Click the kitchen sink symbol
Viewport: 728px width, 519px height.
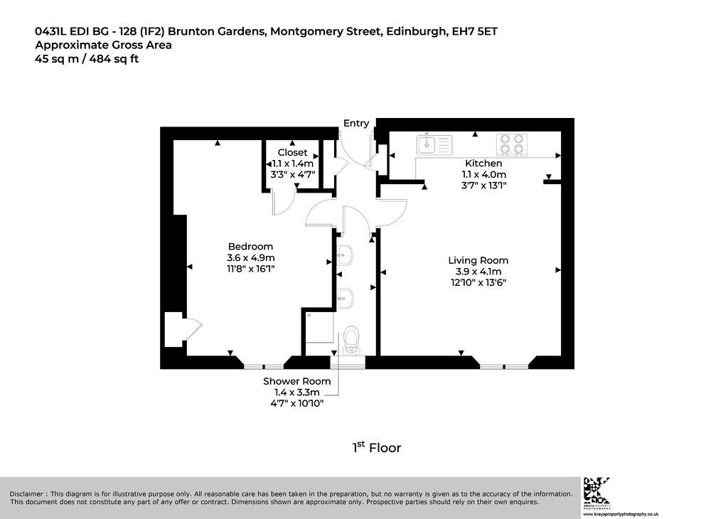pyautogui.click(x=434, y=144)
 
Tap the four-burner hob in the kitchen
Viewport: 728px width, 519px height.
pyautogui.click(x=512, y=144)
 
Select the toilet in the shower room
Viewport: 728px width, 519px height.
pyautogui.click(x=350, y=340)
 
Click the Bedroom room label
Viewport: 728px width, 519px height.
pyautogui.click(x=250, y=247)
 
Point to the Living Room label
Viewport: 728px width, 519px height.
pyautogui.click(x=478, y=260)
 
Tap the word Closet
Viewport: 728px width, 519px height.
pyautogui.click(x=292, y=152)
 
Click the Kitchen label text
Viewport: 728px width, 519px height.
pyautogui.click(x=483, y=164)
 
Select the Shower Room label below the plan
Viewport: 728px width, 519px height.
pyautogui.click(x=297, y=381)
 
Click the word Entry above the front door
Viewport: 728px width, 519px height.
pyautogui.click(x=356, y=123)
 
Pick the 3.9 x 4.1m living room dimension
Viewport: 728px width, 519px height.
pyautogui.click(x=478, y=272)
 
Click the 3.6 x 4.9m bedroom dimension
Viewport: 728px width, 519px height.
pyautogui.click(x=251, y=257)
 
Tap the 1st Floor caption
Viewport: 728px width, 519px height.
pyautogui.click(x=377, y=447)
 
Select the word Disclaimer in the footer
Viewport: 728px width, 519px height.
pyautogui.click(x=28, y=494)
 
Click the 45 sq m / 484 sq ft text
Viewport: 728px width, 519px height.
pyautogui.click(x=87, y=59)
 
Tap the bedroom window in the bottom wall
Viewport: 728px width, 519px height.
pyautogui.click(x=264, y=367)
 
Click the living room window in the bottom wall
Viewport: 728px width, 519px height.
pyautogui.click(x=504, y=367)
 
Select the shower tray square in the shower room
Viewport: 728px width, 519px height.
pyautogui.click(x=320, y=327)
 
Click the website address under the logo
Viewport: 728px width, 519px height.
pyautogui.click(x=620, y=514)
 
